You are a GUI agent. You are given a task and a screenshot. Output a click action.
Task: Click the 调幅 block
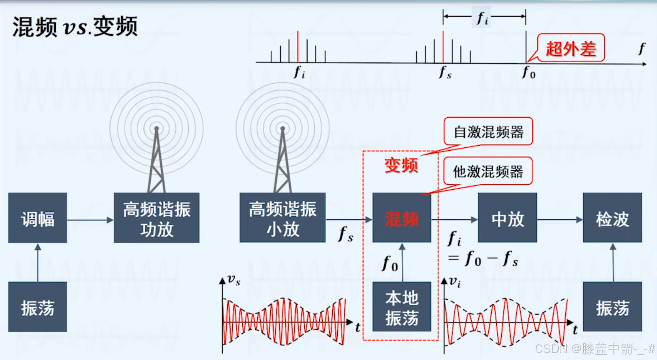38,218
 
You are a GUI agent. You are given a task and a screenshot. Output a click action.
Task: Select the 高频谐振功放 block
157,218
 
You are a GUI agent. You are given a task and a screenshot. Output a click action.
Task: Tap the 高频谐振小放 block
282,218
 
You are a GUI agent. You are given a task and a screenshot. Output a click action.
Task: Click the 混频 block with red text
402,218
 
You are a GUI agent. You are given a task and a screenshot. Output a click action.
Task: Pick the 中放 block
508,218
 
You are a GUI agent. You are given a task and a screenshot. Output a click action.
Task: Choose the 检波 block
612,218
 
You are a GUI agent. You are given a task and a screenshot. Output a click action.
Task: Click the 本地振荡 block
402,307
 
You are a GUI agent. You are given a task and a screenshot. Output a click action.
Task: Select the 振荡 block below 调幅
38,307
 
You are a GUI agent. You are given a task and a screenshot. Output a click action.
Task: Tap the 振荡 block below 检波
612,307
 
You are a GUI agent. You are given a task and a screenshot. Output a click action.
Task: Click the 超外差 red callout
571,48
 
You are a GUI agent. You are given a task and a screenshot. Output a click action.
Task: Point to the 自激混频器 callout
488,131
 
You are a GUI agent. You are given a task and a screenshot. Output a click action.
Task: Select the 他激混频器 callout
488,171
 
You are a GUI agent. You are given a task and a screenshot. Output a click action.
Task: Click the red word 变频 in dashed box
401,165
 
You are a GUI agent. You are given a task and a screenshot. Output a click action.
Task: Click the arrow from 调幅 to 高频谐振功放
90,219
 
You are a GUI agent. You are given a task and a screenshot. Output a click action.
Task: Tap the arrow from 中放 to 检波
560,219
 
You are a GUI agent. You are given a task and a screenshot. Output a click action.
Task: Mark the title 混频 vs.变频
75,27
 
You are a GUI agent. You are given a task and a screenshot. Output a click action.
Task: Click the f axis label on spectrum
642,49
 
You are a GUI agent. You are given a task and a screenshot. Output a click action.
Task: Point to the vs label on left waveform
234,280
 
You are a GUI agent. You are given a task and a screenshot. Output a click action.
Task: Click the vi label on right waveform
455,281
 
